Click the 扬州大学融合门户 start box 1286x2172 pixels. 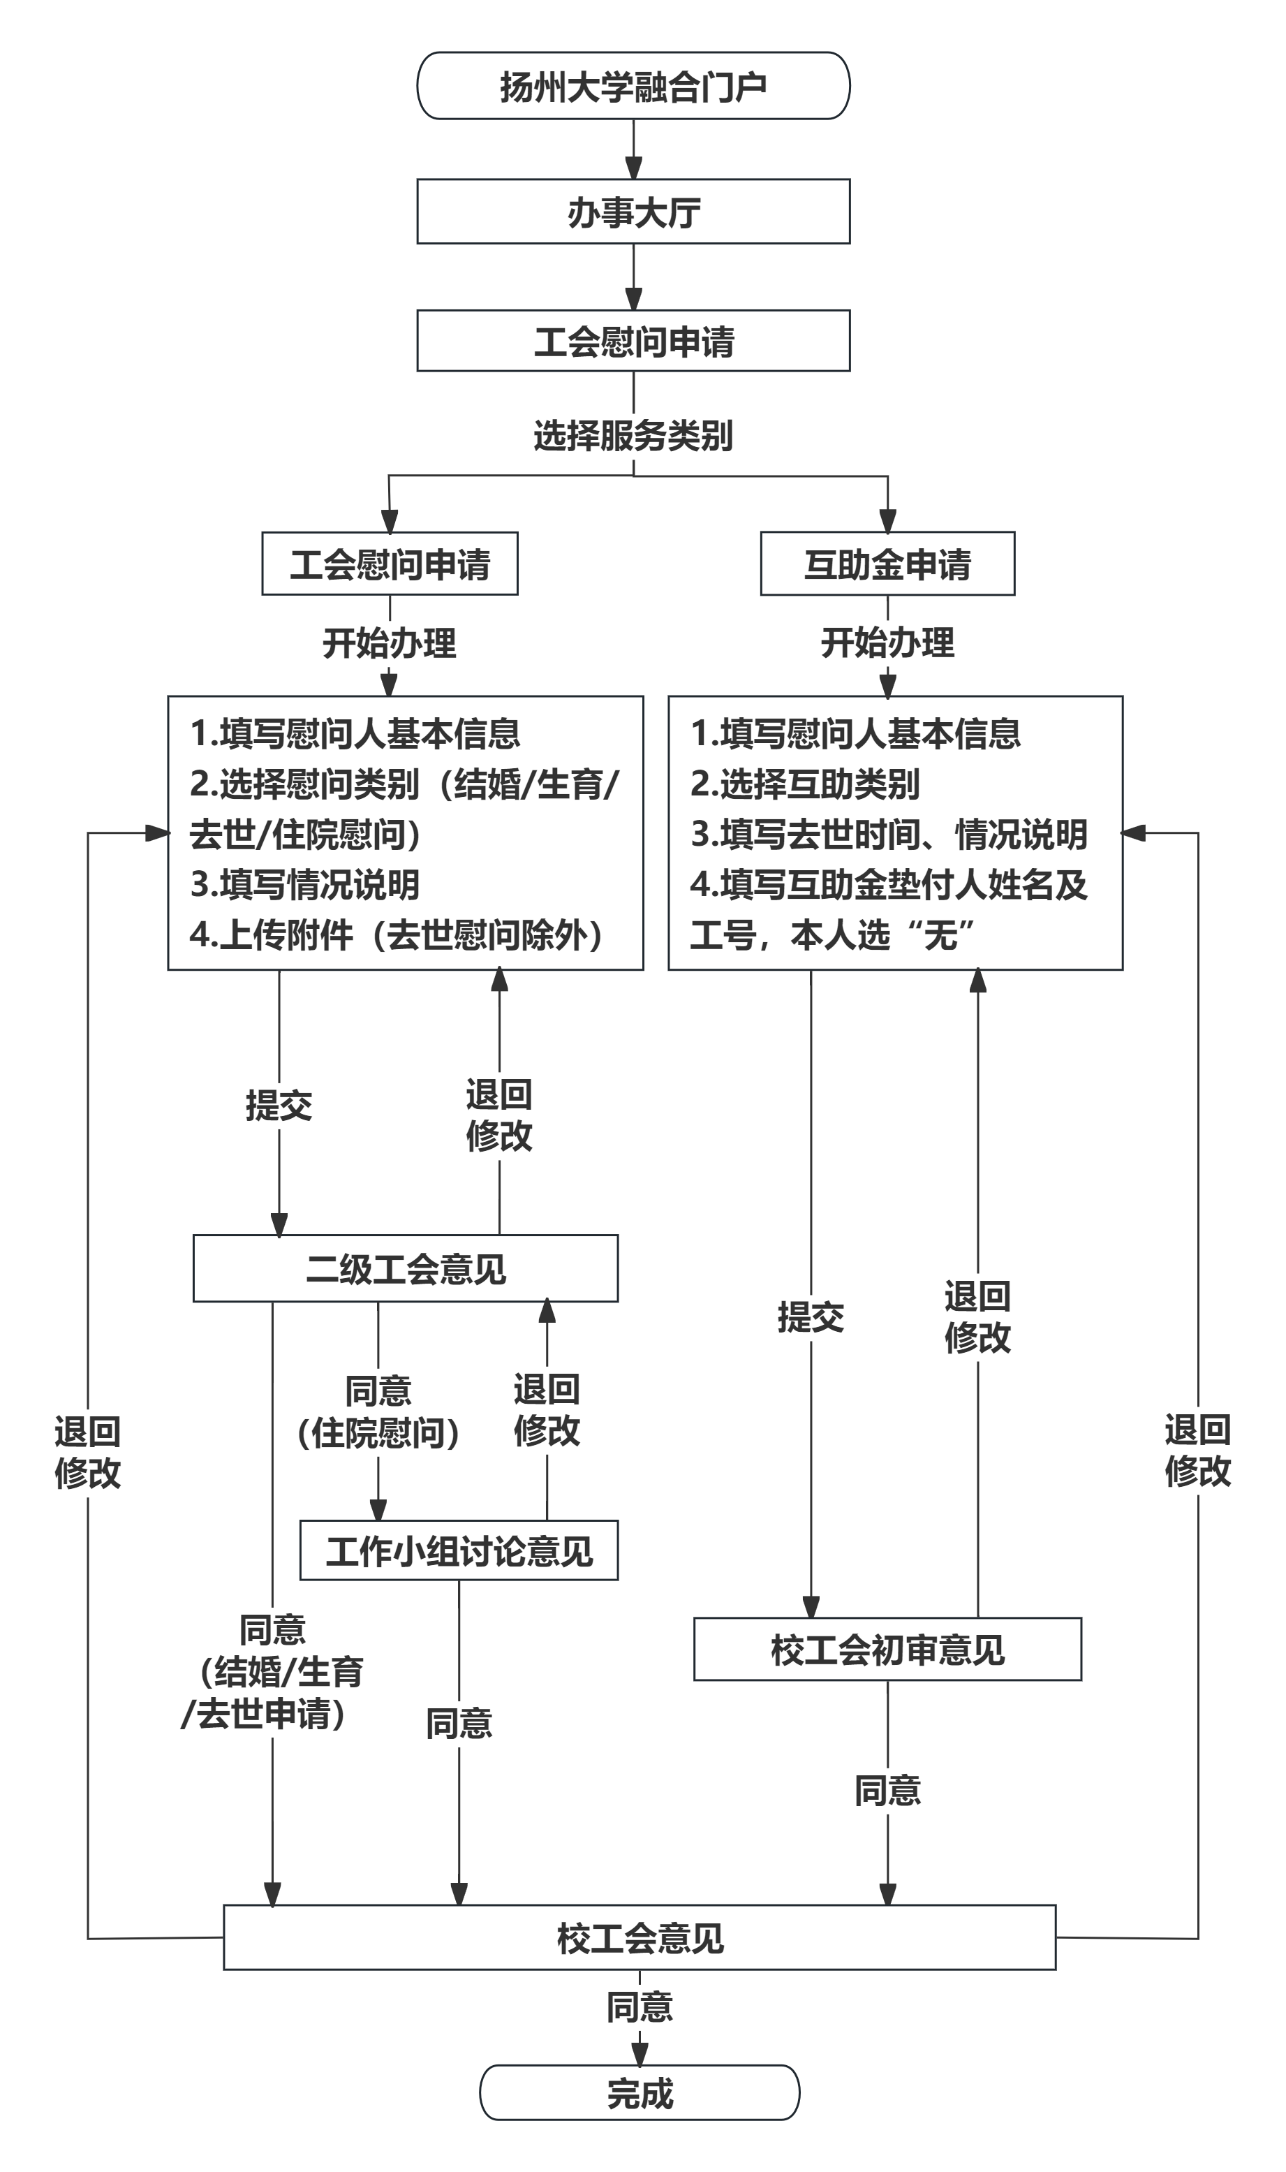[x=633, y=86]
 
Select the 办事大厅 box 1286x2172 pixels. [x=633, y=212]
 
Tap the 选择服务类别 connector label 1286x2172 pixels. [x=633, y=435]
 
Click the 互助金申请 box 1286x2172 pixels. [x=887, y=564]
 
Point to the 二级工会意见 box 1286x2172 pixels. [x=406, y=1269]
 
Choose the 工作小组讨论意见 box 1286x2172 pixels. [x=459, y=1550]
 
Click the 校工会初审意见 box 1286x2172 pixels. [x=887, y=1650]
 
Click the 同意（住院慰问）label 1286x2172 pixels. [x=378, y=1412]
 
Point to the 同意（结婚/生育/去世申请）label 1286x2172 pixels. [x=272, y=1672]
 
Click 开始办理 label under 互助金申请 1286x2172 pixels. [x=887, y=643]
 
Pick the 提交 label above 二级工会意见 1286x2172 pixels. [x=279, y=1105]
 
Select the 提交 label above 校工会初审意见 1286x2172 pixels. [x=811, y=1319]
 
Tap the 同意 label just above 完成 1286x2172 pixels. [x=640, y=2007]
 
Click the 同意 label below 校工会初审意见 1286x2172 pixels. [x=887, y=1791]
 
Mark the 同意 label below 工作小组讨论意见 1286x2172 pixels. [x=459, y=1723]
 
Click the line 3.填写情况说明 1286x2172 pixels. [x=305, y=885]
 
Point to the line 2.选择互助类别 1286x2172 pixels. [x=805, y=784]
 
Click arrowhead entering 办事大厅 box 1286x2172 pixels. [x=633, y=169]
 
